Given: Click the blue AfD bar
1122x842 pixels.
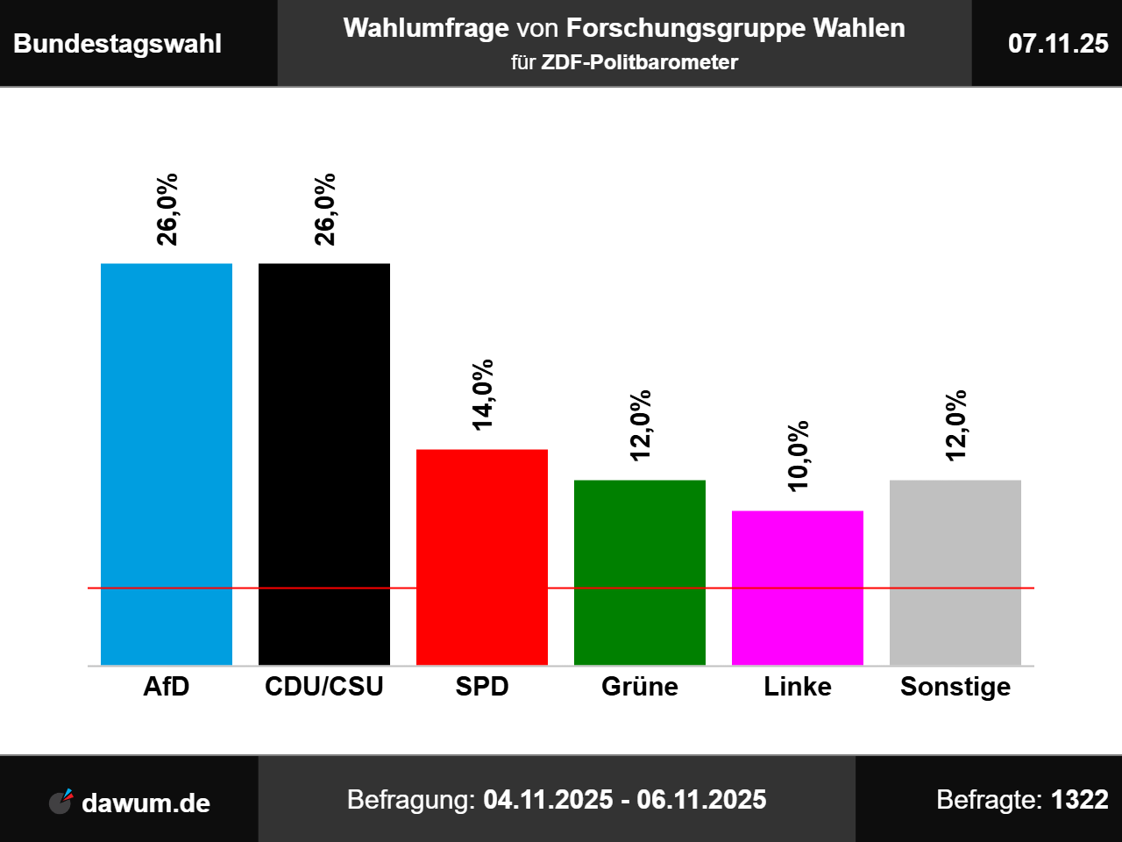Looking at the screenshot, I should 167,464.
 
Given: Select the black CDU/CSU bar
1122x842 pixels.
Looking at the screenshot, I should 324,464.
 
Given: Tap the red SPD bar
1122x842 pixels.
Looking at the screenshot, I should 482,557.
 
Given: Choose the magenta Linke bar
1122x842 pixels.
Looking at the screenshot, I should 798,588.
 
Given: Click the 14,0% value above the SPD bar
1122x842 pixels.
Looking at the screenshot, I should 483,395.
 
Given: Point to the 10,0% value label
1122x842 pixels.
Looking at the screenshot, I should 799,456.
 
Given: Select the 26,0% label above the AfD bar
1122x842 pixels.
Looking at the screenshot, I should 167,209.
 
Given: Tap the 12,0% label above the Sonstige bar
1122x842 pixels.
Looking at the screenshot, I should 956,425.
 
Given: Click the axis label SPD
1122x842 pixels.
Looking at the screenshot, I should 482,686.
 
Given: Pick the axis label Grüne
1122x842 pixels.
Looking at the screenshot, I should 640,686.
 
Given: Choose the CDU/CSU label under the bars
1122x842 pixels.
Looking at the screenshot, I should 324,686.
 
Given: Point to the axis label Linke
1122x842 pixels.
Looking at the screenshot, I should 798,686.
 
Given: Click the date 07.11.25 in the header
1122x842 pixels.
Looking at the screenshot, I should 1058,44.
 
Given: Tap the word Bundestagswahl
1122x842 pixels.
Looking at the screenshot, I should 117,44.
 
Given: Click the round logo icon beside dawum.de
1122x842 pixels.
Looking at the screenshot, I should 60,802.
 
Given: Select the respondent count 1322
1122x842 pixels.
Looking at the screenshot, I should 1080,800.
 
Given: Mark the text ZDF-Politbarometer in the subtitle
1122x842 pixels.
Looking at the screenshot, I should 640,62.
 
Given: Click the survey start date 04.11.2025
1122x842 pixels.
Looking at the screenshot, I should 548,800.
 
